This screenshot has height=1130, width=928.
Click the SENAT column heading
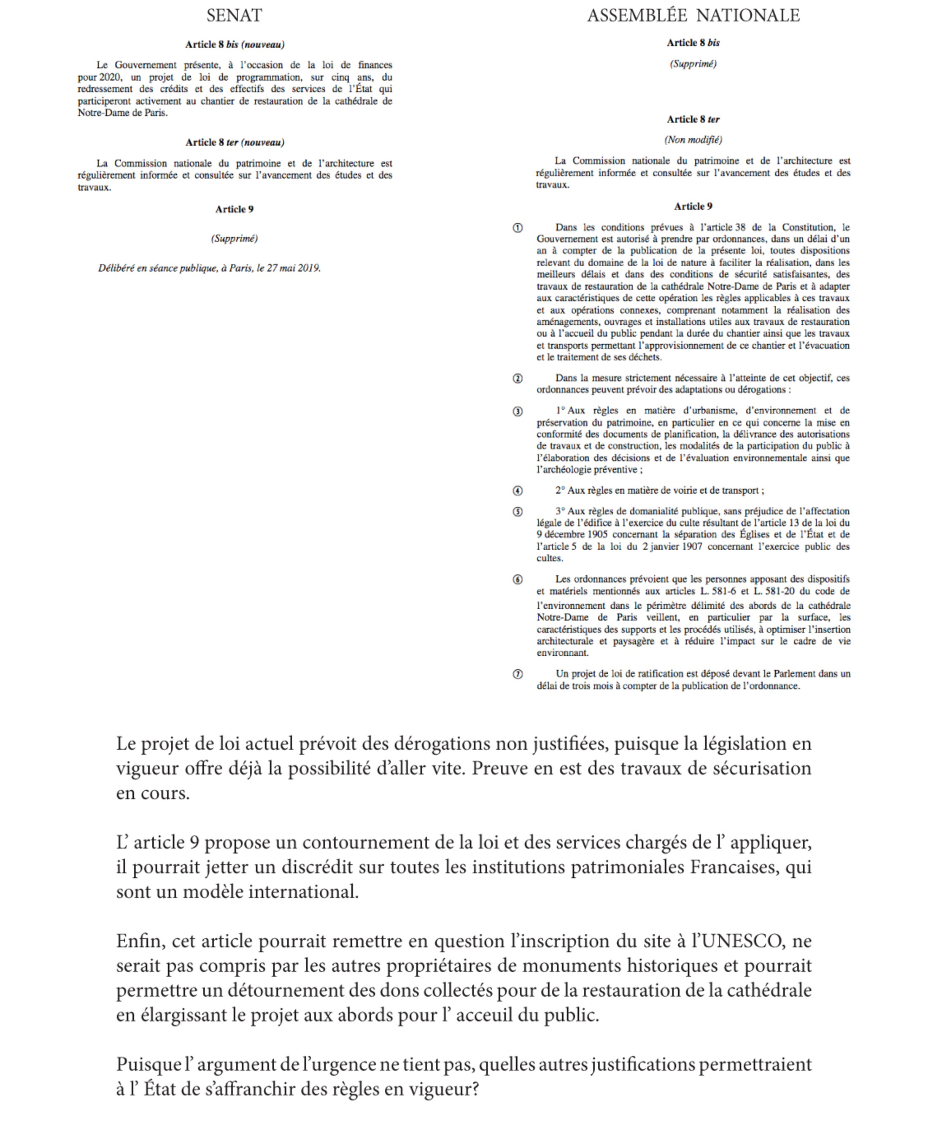click(x=234, y=16)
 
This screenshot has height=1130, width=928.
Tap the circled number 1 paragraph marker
click(x=518, y=228)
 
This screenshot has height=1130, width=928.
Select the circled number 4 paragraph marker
click(x=518, y=491)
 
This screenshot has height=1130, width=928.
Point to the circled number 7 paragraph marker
click(x=518, y=674)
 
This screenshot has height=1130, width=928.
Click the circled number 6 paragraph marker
click(x=518, y=580)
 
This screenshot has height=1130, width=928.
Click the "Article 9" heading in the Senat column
click(x=234, y=210)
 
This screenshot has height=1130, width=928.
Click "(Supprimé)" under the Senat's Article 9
click(x=234, y=238)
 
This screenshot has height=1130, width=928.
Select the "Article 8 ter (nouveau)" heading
click(x=234, y=142)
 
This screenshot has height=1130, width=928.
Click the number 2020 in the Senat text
click(x=110, y=77)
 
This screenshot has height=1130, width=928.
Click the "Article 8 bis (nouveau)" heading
click(x=234, y=45)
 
